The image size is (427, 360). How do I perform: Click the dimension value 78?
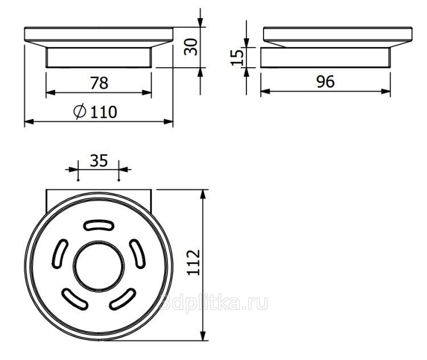coord(99,83)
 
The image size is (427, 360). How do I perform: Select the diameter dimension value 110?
coord(104,112)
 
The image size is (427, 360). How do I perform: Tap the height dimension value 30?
coord(191,47)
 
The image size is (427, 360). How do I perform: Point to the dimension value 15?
coord(237,57)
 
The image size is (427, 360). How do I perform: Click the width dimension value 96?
coord(326,82)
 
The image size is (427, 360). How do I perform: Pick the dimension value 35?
coord(99,160)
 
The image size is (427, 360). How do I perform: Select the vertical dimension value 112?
coord(194,263)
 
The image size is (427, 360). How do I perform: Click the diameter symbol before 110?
coord(80,111)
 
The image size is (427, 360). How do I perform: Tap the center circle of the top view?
coord(98,267)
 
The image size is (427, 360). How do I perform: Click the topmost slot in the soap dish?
coord(98,225)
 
